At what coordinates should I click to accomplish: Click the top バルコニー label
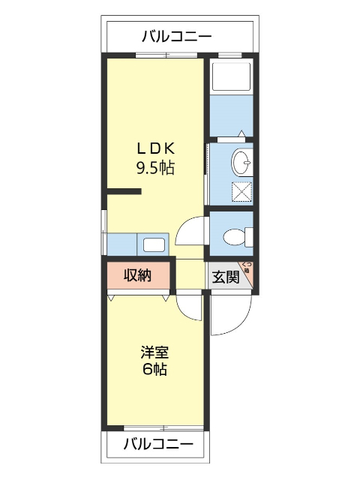pos(176,35)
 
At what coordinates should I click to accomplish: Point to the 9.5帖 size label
pos(154,167)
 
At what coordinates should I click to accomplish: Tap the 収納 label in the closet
pos(138,276)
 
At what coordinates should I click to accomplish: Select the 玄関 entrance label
pos(225,277)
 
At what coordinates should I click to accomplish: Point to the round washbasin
pos(242,161)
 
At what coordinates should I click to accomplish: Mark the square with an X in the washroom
pos(241,192)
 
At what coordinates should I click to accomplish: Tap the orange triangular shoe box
pos(248,275)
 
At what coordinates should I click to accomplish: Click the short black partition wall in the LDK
pos(124,192)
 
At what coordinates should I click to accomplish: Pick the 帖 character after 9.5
pos(167,167)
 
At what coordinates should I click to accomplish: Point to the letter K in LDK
pos(171,148)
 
